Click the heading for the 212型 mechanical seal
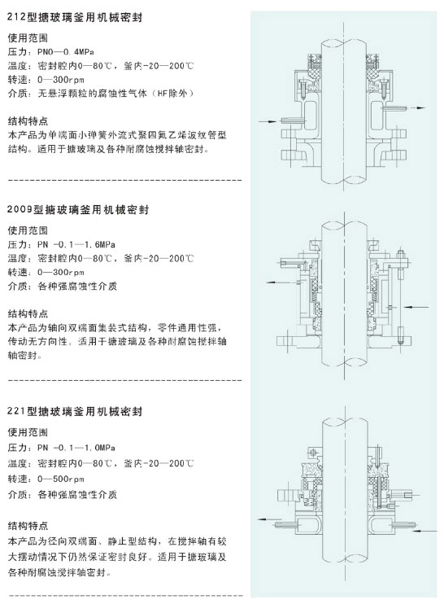pyautogui.click(x=75, y=18)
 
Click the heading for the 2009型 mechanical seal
pyautogui.click(x=78, y=210)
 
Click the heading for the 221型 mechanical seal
pyautogui.click(x=75, y=411)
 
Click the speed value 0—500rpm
pyautogui.click(x=61, y=479)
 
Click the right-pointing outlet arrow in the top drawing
pyautogui.click(x=417, y=107)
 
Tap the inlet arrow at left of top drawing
pyautogui.click(x=267, y=121)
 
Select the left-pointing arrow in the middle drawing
pyautogui.click(x=276, y=282)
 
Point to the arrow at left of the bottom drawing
pyautogui.click(x=267, y=519)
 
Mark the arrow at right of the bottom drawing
pyautogui.click(x=425, y=531)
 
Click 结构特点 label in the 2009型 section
pyautogui.click(x=28, y=314)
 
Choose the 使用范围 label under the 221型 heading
pyautogui.click(x=28, y=432)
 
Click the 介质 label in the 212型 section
pyautogui.click(x=18, y=94)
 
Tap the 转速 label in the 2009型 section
pyautogui.click(x=18, y=273)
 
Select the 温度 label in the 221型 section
pyautogui.click(x=18, y=463)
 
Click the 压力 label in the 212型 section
pyautogui.click(x=18, y=52)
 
